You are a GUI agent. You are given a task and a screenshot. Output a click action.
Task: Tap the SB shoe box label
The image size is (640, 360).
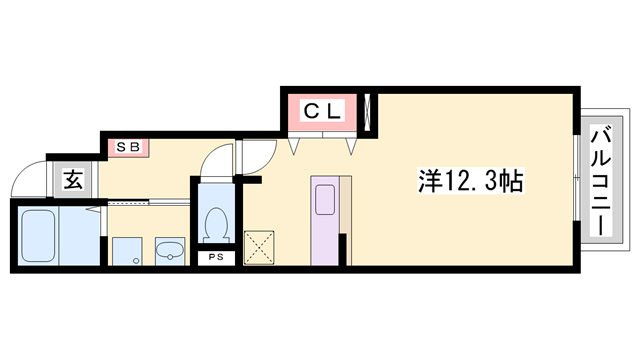click(129, 147)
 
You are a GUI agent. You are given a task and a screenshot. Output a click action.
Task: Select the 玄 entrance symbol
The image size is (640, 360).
click(74, 180)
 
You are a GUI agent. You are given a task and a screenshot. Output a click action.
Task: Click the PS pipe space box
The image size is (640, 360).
click(216, 257)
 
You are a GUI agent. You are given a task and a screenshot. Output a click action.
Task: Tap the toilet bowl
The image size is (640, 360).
click(214, 224)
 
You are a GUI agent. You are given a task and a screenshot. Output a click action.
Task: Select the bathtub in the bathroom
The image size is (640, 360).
click(36, 236)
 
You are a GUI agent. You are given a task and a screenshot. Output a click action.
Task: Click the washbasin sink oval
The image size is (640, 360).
click(169, 249)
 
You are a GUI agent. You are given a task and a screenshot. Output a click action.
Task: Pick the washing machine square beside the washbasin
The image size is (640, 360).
click(126, 250)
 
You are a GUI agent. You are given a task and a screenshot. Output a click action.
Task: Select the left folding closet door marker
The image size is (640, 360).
click(294, 147)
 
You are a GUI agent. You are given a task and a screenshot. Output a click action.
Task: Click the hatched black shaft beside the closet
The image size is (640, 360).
click(370, 113)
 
